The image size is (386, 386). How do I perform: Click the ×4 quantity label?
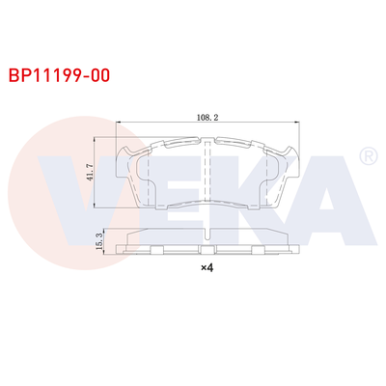point(206,268)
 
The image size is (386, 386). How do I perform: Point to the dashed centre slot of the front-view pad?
point(209,174)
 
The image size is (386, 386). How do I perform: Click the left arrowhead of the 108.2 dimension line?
point(119,123)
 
